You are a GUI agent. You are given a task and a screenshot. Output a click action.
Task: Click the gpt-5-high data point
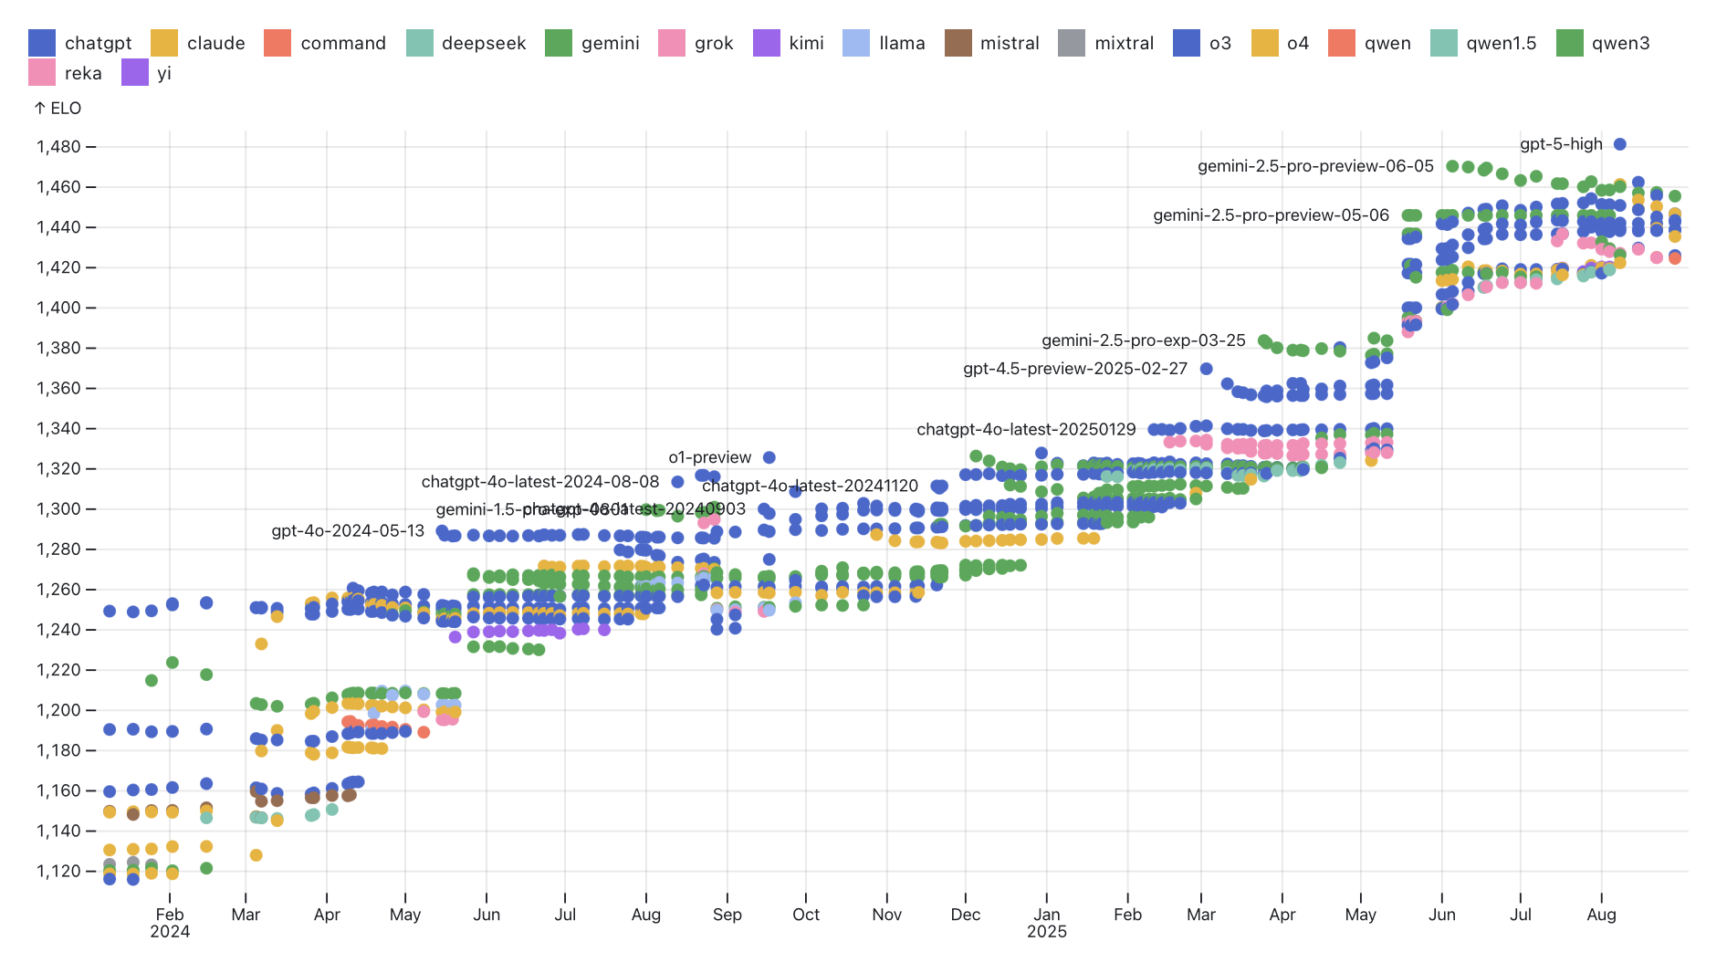[1619, 144]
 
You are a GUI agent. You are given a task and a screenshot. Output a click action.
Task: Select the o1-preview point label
[709, 457]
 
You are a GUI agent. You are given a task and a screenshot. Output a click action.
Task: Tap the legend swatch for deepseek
[420, 43]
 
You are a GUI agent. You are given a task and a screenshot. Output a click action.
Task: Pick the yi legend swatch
[135, 73]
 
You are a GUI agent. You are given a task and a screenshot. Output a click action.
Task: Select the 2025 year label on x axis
[1046, 932]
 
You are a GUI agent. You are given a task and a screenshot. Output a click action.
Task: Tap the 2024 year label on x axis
[170, 932]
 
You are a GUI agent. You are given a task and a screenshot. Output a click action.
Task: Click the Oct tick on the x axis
[806, 915]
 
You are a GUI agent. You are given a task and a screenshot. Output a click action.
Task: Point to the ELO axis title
[58, 109]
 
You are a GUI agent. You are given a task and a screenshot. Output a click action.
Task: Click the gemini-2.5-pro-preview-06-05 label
[1315, 166]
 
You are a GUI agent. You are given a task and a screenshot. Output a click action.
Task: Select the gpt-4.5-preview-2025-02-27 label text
[1074, 369]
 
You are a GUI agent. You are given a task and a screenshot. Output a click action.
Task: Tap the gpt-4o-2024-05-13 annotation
[348, 531]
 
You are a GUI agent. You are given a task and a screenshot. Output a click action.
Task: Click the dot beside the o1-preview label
[769, 457]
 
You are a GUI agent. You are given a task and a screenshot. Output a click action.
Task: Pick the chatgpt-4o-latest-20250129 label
[1026, 429]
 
